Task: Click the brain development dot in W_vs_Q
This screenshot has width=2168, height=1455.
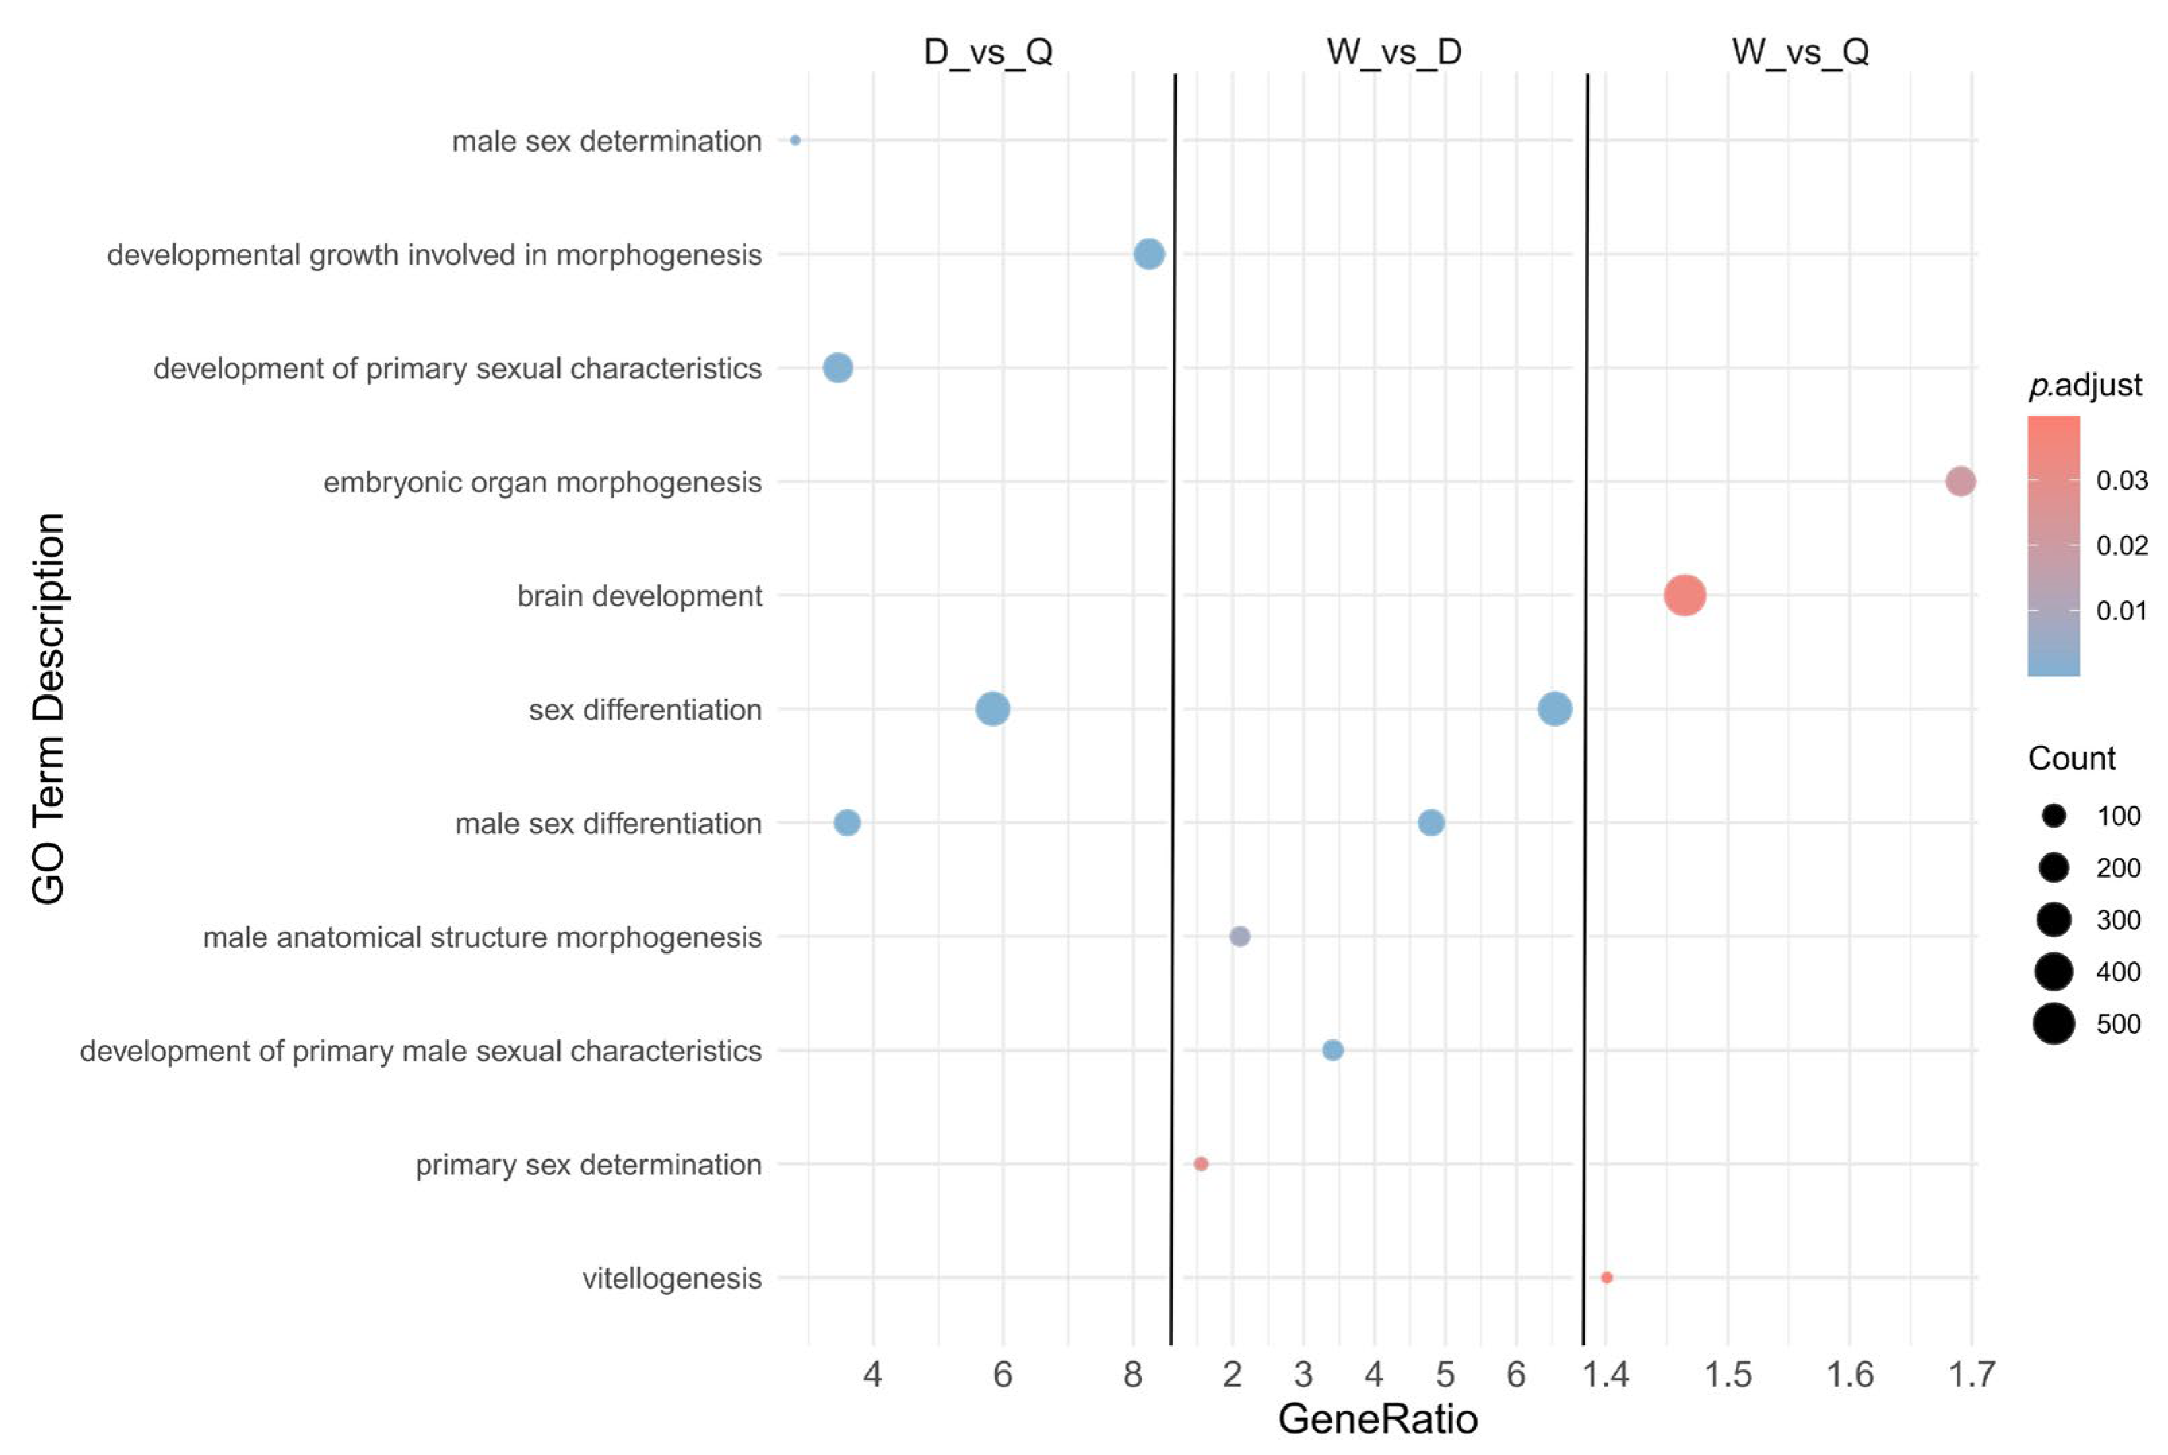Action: coord(1684,595)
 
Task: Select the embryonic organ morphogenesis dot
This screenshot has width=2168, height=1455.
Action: coord(1959,482)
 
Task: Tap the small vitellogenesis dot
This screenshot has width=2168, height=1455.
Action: coord(1607,1278)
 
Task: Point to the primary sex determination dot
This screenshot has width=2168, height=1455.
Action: coord(1200,1163)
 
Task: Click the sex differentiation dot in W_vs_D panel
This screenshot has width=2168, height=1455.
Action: coord(1555,709)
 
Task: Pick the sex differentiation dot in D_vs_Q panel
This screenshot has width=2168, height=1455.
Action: coord(993,709)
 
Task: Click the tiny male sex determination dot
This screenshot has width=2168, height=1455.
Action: coord(795,140)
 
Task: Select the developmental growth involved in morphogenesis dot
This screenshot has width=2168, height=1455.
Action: coord(1148,253)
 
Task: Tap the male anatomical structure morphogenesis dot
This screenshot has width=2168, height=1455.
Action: coord(1239,936)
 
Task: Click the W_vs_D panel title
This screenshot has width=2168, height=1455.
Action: coord(1393,52)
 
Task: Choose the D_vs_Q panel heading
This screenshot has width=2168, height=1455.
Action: coord(988,52)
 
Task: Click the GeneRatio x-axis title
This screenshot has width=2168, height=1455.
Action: coord(1377,1419)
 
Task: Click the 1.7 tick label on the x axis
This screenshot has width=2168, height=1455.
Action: coord(1971,1374)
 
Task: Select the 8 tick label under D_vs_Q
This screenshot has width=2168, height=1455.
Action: coord(1133,1374)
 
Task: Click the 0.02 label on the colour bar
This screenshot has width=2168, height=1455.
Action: coord(2122,545)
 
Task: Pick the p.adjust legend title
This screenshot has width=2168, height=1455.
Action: coord(2084,384)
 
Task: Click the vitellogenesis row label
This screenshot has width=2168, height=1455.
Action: coord(671,1279)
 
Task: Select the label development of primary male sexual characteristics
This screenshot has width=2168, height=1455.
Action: coord(420,1052)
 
